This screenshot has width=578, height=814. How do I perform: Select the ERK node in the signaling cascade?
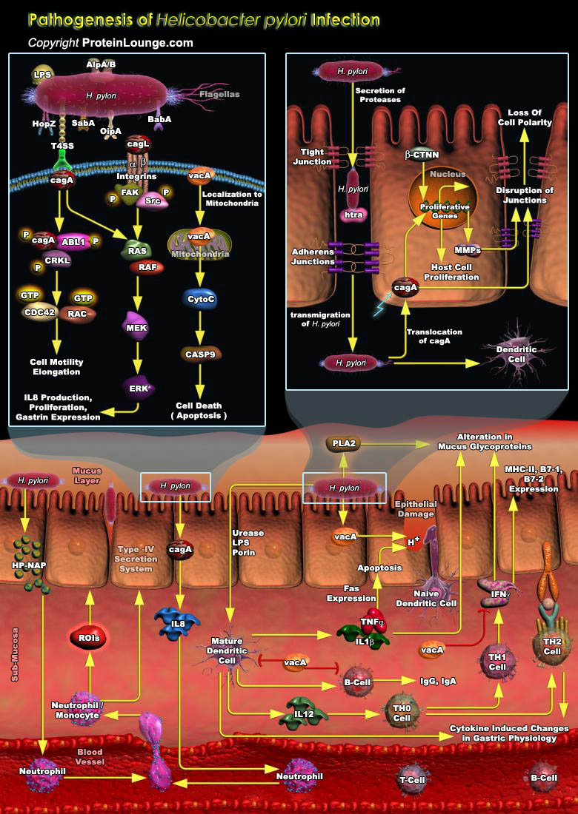(137, 387)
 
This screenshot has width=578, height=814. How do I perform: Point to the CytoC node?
(199, 299)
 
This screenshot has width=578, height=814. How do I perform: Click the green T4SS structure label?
(62, 147)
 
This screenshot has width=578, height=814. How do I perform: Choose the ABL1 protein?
(74, 240)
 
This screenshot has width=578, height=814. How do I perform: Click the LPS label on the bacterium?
(42, 75)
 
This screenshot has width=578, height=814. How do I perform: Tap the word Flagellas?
(219, 95)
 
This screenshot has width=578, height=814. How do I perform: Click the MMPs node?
(468, 250)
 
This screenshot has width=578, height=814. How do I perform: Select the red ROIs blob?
(90, 636)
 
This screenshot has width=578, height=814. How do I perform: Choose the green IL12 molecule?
(305, 714)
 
